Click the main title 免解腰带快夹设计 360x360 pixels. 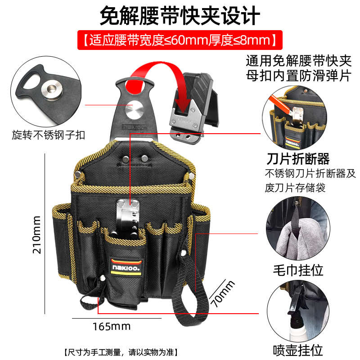point(180,15)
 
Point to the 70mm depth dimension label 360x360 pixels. point(223,294)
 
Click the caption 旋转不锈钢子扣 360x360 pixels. point(49,135)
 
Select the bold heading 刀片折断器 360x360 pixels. point(298,158)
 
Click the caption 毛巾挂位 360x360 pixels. point(298,270)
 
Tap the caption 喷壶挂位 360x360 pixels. point(298,349)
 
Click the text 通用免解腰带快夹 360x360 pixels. point(298,60)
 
